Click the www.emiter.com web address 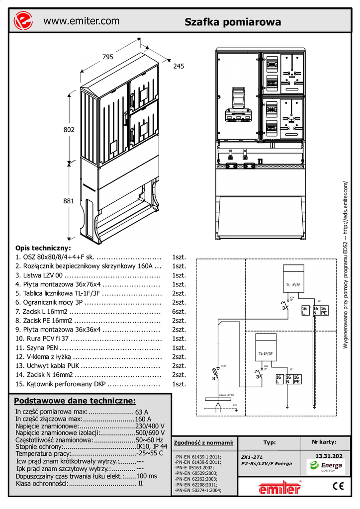click(x=82, y=21)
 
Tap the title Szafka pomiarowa click(x=233, y=22)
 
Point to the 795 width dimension click(x=108, y=57)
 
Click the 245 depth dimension click(x=179, y=66)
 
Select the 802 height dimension click(x=69, y=130)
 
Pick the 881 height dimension click(x=69, y=201)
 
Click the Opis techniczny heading click(x=43, y=248)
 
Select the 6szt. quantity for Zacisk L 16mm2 click(x=179, y=311)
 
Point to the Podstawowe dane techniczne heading click(x=75, y=401)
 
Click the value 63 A click(x=142, y=412)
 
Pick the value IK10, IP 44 click(x=152, y=447)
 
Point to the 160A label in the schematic click(x=224, y=366)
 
